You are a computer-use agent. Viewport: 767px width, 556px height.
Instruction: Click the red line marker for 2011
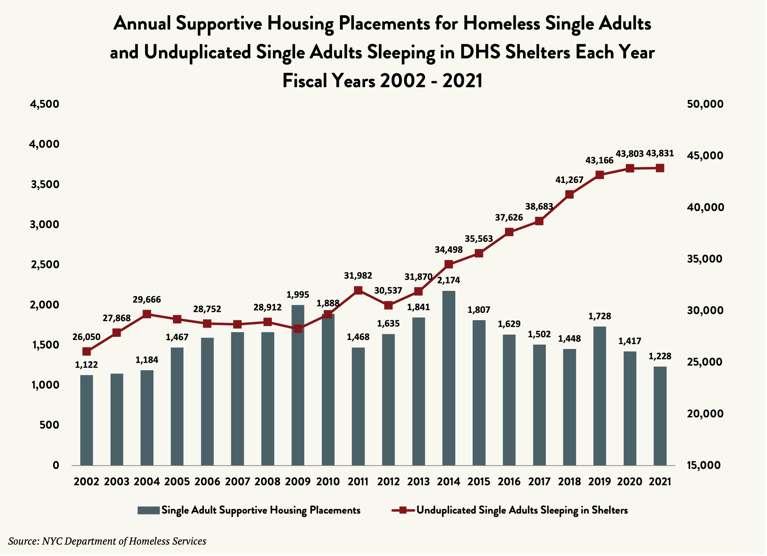358,290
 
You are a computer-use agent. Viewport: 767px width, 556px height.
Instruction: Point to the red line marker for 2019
600,175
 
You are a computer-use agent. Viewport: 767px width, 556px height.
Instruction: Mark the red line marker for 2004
147,314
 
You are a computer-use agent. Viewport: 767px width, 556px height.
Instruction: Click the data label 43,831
660,153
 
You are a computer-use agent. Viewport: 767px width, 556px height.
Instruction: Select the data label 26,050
87,337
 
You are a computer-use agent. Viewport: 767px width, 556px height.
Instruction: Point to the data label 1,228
660,356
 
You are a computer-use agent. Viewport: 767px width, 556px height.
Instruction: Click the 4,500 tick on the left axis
45,104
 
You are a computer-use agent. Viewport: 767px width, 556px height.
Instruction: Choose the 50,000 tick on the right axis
705,104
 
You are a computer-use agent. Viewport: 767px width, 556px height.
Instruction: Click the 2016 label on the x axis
509,481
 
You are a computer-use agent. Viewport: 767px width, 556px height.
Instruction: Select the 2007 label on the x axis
237,481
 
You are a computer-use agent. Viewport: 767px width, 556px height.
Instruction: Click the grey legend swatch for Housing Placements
149,510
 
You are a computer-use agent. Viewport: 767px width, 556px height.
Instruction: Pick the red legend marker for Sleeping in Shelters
403,510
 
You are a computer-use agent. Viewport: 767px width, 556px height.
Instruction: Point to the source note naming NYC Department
107,541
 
